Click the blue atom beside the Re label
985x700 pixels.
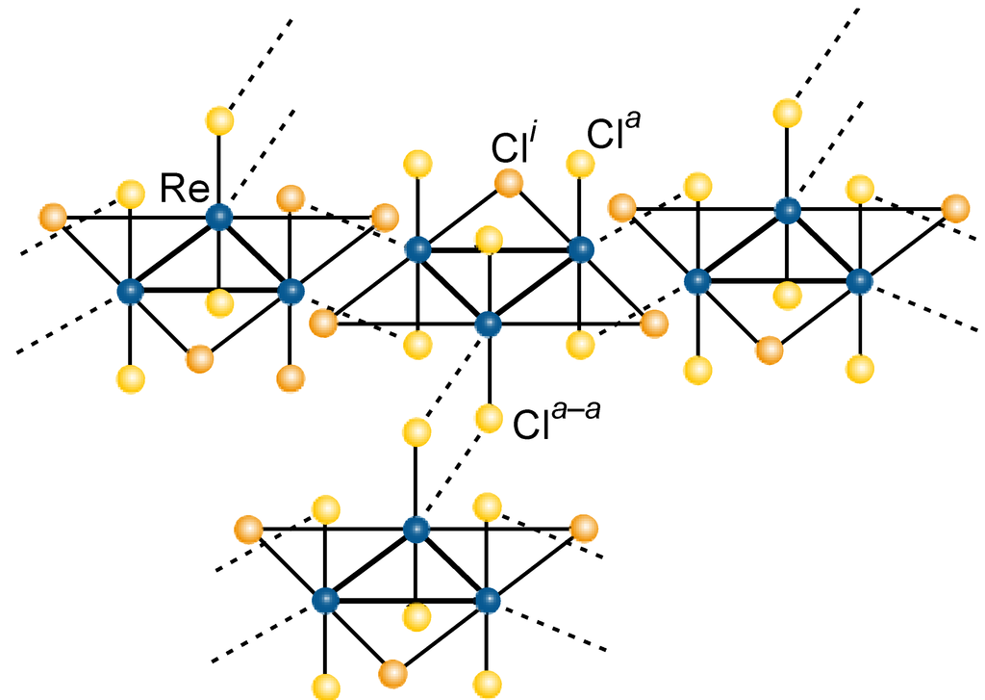point(219,217)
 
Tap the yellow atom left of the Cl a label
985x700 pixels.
point(579,163)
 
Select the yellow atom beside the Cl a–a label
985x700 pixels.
point(490,418)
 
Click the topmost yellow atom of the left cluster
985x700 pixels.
point(219,121)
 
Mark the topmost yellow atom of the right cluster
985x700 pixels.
point(788,113)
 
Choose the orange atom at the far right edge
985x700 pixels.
point(955,207)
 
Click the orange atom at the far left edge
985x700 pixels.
point(53,217)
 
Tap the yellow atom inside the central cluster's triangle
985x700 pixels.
point(489,239)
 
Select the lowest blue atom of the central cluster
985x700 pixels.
point(489,324)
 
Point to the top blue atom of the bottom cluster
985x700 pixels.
point(416,529)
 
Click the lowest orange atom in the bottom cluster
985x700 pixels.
point(391,671)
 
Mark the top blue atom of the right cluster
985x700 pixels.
point(788,209)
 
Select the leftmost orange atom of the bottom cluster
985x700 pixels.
point(248,529)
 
